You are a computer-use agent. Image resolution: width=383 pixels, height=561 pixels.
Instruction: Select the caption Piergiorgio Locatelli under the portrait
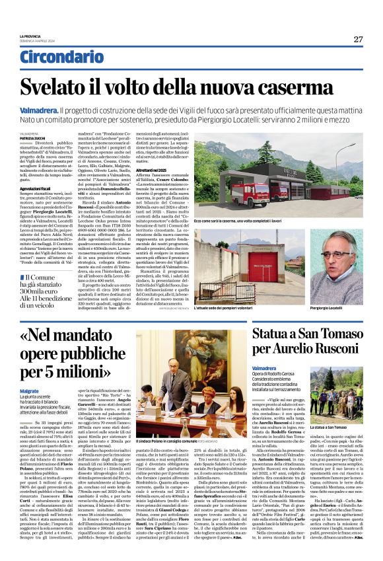pyautogui.click(x=324, y=289)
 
